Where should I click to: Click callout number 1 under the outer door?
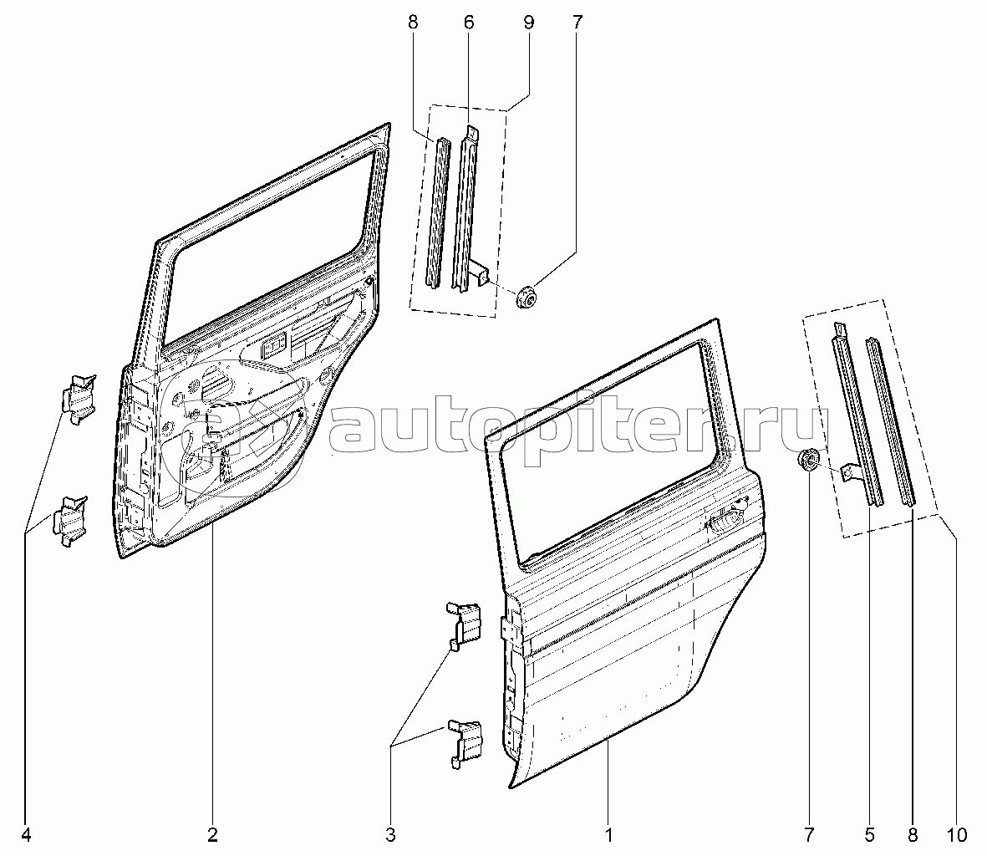[x=608, y=835]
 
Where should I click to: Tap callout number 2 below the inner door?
[x=212, y=835]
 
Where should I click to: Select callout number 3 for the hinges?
[x=390, y=835]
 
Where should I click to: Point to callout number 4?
[x=26, y=835]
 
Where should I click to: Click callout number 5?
[x=869, y=835]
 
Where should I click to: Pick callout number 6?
[x=468, y=23]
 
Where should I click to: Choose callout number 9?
[x=528, y=23]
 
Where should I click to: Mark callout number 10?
[x=956, y=835]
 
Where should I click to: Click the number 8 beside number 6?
[x=412, y=23]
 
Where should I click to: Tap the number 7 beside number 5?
[x=810, y=835]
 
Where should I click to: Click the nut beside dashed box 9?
[x=525, y=296]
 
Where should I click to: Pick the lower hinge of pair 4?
[x=70, y=521]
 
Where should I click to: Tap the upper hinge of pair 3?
[x=465, y=625]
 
